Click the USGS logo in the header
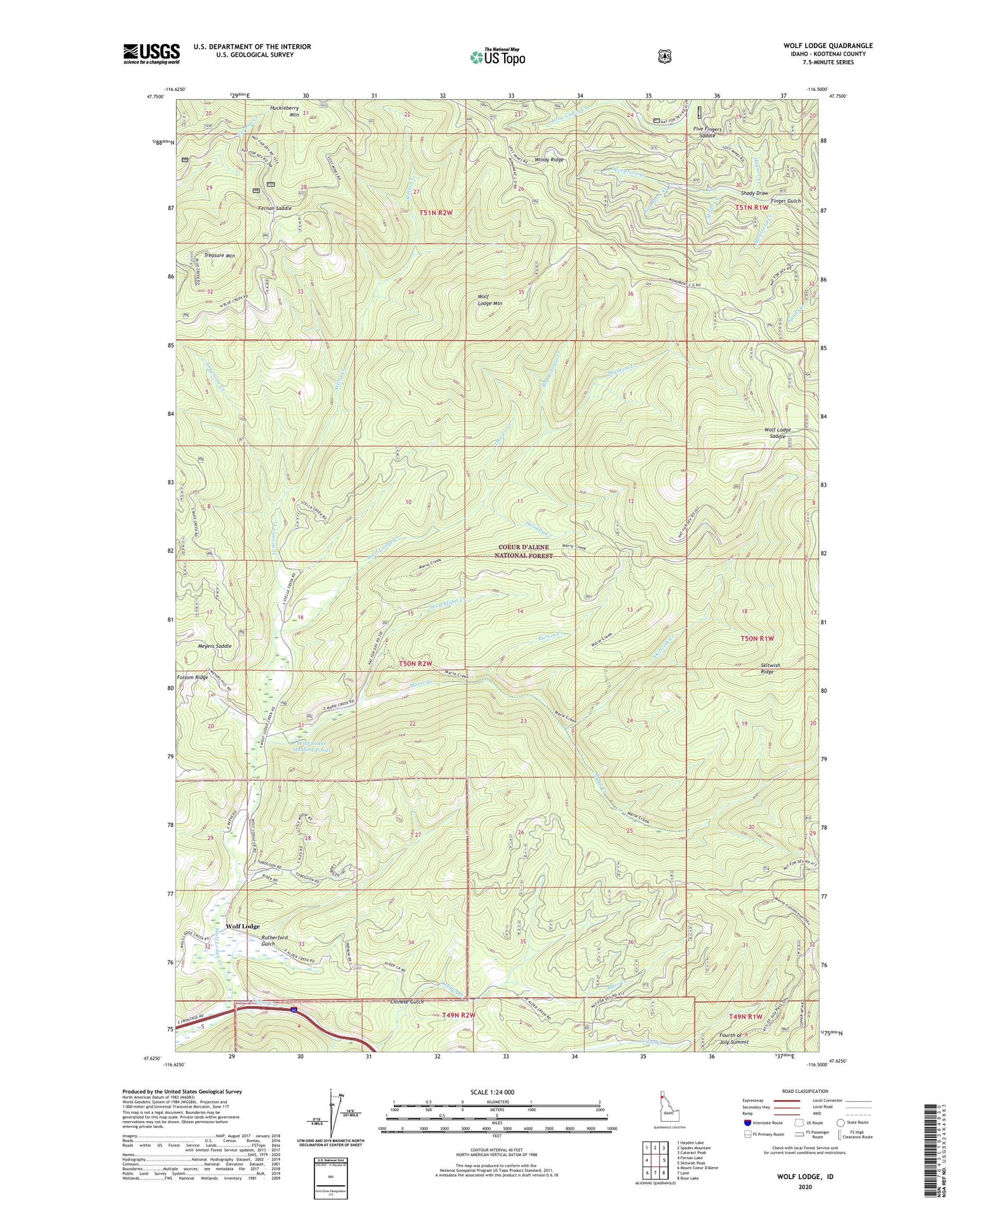[x=151, y=53]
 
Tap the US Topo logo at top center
[x=497, y=56]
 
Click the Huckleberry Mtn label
[x=285, y=110]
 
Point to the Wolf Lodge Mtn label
[x=490, y=299]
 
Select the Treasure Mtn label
[x=219, y=255]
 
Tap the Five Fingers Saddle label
[x=718, y=132]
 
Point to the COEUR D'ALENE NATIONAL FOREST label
[x=525, y=551]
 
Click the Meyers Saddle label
[x=215, y=646]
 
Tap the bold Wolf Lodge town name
[x=242, y=926]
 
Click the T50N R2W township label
[x=415, y=663]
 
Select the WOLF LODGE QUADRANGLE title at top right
[x=828, y=45]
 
